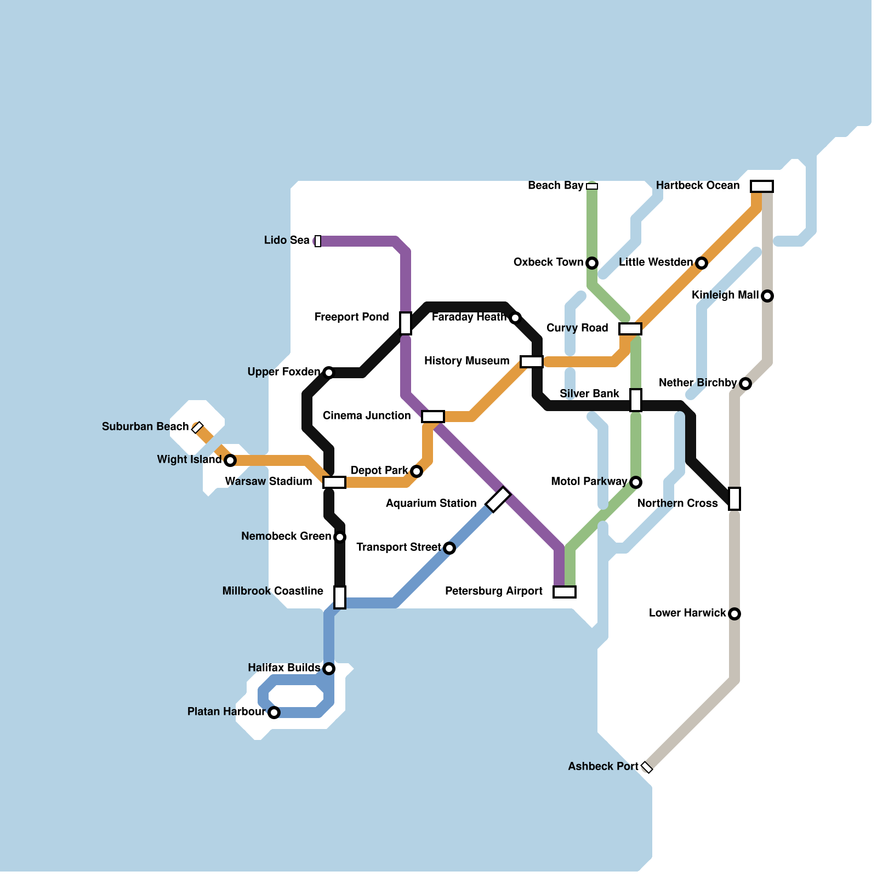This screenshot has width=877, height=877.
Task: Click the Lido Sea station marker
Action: [318, 241]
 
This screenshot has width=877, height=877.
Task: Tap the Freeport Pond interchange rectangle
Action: [406, 323]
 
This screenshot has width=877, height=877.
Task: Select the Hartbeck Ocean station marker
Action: [762, 186]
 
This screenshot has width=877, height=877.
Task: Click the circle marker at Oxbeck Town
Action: [592, 263]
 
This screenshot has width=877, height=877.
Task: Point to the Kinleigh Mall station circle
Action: [767, 296]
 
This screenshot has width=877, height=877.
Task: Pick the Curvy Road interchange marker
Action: [630, 329]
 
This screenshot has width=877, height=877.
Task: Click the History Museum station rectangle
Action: [532, 362]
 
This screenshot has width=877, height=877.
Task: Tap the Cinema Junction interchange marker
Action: [433, 417]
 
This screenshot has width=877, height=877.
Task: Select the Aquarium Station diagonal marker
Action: [498, 499]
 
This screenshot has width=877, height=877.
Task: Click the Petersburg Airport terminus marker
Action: [565, 592]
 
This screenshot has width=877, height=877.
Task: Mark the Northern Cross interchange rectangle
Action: [734, 499]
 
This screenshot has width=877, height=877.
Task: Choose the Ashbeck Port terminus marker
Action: [647, 767]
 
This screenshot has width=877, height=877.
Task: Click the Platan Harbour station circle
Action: [274, 713]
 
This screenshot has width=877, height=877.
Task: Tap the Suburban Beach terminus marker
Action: [197, 428]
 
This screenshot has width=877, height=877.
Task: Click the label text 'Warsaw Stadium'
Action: [268, 481]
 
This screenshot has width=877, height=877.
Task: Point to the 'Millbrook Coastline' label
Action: [272, 591]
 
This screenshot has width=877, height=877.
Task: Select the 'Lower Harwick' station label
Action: [687, 613]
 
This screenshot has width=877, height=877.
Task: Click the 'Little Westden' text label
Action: [656, 262]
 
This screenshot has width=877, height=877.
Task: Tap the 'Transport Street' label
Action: [398, 547]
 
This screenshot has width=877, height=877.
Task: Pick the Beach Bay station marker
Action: [592, 186]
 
